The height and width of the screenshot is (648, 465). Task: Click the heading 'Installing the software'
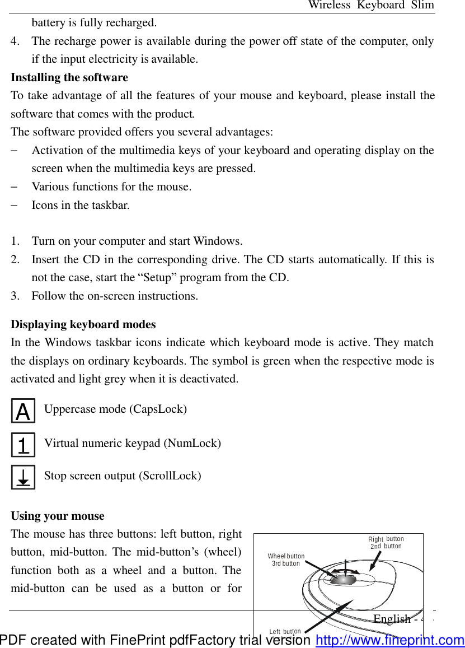[69, 77]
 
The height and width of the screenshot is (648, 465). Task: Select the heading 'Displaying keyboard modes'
[83, 324]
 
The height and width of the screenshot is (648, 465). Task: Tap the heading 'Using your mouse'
[58, 516]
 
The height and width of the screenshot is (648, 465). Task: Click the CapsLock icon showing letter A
[23, 411]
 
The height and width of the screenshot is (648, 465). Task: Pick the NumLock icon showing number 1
[23, 445]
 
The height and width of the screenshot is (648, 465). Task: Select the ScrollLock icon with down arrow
[23, 477]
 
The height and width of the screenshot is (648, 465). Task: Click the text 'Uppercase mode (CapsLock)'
[115, 409]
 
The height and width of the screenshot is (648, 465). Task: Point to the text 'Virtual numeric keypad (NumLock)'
[132, 443]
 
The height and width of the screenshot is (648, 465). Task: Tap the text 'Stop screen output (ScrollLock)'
[123, 475]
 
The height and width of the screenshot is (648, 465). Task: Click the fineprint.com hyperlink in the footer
[389, 640]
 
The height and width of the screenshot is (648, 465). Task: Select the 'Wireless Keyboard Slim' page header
[371, 5]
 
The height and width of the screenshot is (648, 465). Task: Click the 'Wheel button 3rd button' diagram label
[286, 560]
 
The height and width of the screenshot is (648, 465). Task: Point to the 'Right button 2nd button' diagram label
[386, 543]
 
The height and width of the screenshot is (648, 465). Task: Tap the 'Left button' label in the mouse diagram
[285, 632]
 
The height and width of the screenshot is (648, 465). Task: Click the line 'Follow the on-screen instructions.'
[115, 296]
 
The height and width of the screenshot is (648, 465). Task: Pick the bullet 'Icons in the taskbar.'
[81, 205]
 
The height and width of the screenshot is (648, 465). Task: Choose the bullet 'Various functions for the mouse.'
[111, 187]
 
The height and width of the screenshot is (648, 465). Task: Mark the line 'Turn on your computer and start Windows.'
[137, 241]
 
